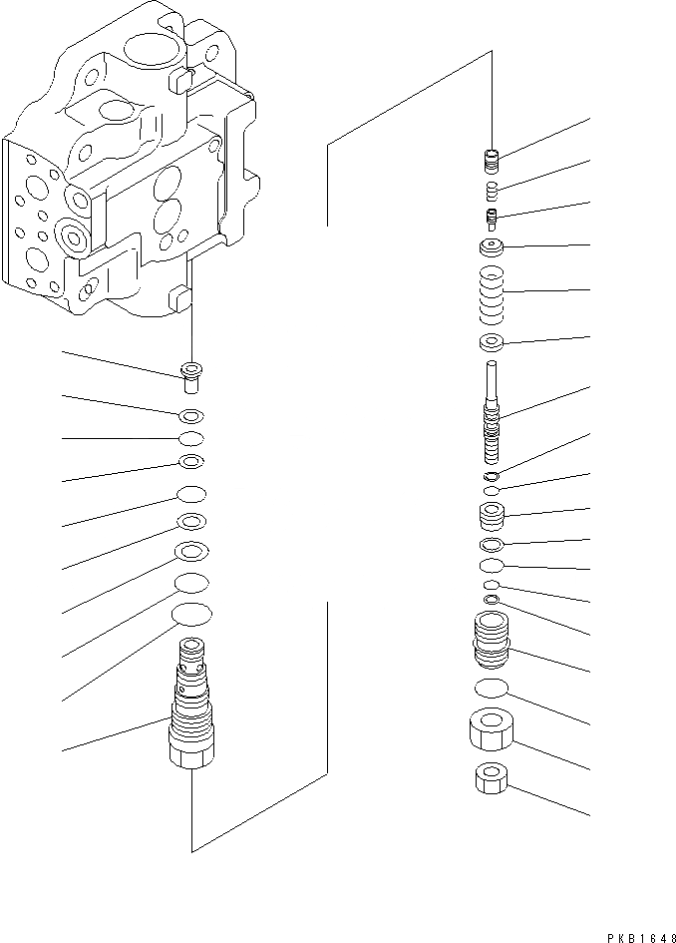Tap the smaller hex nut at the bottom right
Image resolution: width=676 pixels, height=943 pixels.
pos(490,779)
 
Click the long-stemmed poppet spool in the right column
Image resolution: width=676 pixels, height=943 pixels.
pos(491,410)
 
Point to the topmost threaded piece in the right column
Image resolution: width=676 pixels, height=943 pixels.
pos(491,158)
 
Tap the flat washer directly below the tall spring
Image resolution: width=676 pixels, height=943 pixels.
pos(491,345)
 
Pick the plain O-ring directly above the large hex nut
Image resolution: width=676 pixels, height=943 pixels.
pos(491,687)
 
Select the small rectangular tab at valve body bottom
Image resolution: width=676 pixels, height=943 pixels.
pos(179,297)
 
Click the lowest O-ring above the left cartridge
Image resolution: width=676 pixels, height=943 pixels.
pos(191,614)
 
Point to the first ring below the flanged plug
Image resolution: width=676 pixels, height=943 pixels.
pos(191,416)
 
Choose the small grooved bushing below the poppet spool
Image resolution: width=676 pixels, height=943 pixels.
pos(491,517)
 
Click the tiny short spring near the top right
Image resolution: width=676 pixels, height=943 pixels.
pos(491,189)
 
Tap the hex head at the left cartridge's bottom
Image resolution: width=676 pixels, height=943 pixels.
pos(190,755)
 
